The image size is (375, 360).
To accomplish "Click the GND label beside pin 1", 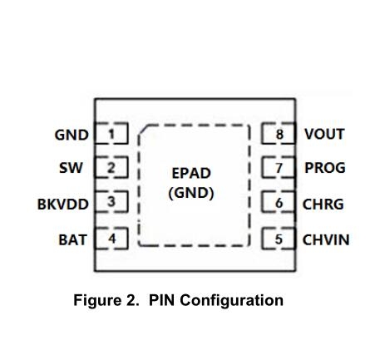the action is pyautogui.click(x=72, y=135).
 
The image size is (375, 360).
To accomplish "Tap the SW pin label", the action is pyautogui.click(x=71, y=168).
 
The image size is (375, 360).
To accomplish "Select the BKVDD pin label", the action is pyautogui.click(x=63, y=205).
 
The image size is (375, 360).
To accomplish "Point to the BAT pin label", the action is pyautogui.click(x=72, y=239).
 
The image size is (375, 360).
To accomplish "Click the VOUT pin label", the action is pyautogui.click(x=324, y=134).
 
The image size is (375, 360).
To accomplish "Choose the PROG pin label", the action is pyautogui.click(x=325, y=168).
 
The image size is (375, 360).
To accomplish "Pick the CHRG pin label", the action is pyautogui.click(x=323, y=205).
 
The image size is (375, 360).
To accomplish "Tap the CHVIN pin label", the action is pyautogui.click(x=326, y=240).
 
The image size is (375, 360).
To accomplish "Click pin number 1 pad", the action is pyautogui.click(x=111, y=133).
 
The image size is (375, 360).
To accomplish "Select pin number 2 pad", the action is pyautogui.click(x=111, y=167).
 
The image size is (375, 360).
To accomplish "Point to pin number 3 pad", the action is pyautogui.click(x=111, y=201).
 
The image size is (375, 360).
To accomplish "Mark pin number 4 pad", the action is pyautogui.click(x=111, y=239).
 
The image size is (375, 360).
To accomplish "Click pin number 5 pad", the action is pyautogui.click(x=279, y=239).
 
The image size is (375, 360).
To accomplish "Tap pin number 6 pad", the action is pyautogui.click(x=279, y=202).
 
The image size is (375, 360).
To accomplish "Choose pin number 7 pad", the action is pyautogui.click(x=279, y=167).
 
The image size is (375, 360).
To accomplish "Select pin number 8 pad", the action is pyautogui.click(x=279, y=133).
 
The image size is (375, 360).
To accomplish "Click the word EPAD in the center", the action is pyautogui.click(x=191, y=174).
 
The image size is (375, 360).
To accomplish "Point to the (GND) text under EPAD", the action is pyautogui.click(x=191, y=193).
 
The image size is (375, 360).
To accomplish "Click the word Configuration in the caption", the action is pyautogui.click(x=231, y=301).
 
